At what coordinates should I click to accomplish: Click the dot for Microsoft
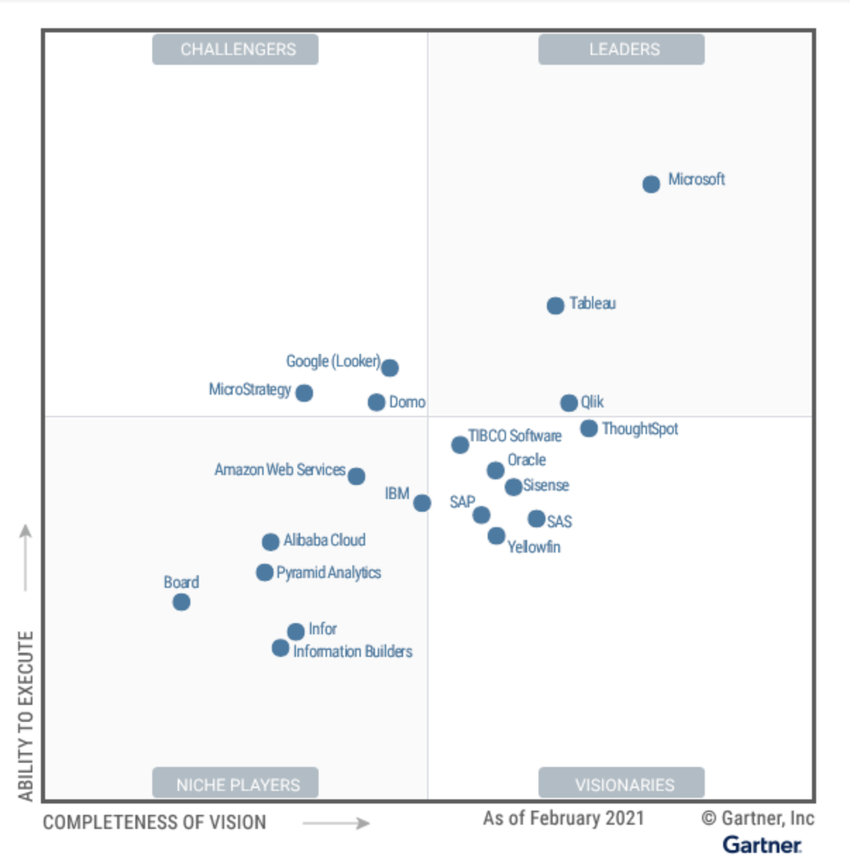click(651, 184)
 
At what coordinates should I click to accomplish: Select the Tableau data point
click(555, 305)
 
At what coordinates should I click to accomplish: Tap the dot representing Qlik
click(569, 402)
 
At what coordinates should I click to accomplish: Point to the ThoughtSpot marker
click(589, 428)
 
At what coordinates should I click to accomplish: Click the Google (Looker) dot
click(390, 367)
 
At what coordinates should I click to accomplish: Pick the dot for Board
click(181, 602)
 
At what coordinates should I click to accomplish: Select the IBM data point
click(421, 503)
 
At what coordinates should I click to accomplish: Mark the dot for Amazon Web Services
click(357, 476)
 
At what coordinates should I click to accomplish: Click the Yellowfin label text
click(534, 547)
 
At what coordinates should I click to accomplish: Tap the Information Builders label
click(352, 651)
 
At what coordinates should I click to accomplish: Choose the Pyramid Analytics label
click(328, 572)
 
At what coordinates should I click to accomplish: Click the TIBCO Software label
click(515, 436)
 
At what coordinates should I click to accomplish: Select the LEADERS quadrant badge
click(622, 49)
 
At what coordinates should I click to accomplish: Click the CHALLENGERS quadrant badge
click(235, 49)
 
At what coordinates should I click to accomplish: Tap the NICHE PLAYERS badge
click(235, 784)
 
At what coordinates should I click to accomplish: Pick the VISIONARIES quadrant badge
click(622, 784)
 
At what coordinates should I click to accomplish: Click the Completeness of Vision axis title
click(154, 823)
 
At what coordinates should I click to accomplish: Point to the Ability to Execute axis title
click(25, 715)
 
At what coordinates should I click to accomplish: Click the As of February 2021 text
click(563, 818)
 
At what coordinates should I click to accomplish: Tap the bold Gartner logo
click(762, 844)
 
